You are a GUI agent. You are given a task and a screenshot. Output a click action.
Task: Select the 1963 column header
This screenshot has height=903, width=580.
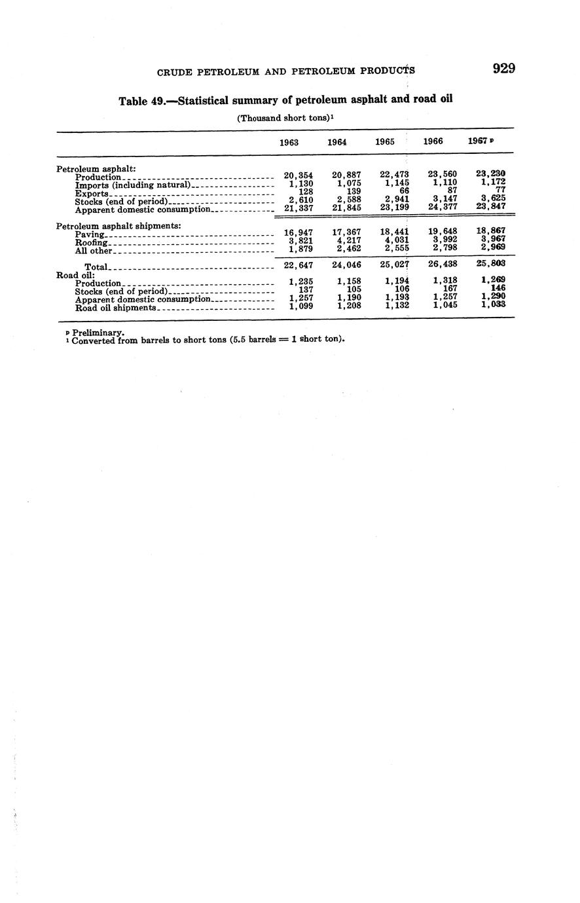click(289, 142)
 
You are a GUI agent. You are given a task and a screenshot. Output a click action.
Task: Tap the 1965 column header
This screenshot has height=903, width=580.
click(385, 141)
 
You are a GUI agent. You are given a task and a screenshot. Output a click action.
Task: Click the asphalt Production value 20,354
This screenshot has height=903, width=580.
click(298, 175)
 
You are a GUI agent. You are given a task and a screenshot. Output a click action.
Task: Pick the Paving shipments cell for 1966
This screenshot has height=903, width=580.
click(442, 230)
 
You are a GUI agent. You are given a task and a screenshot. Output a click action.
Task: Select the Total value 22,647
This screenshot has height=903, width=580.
click(298, 265)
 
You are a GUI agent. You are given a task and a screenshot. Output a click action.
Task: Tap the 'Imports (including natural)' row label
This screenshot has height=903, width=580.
click(132, 185)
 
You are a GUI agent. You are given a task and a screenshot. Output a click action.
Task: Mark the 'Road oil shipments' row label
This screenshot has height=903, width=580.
click(115, 308)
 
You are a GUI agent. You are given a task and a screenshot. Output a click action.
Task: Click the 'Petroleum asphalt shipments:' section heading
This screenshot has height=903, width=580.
click(118, 226)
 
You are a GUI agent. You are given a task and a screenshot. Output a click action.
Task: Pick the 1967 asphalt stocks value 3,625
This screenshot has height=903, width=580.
click(492, 198)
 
